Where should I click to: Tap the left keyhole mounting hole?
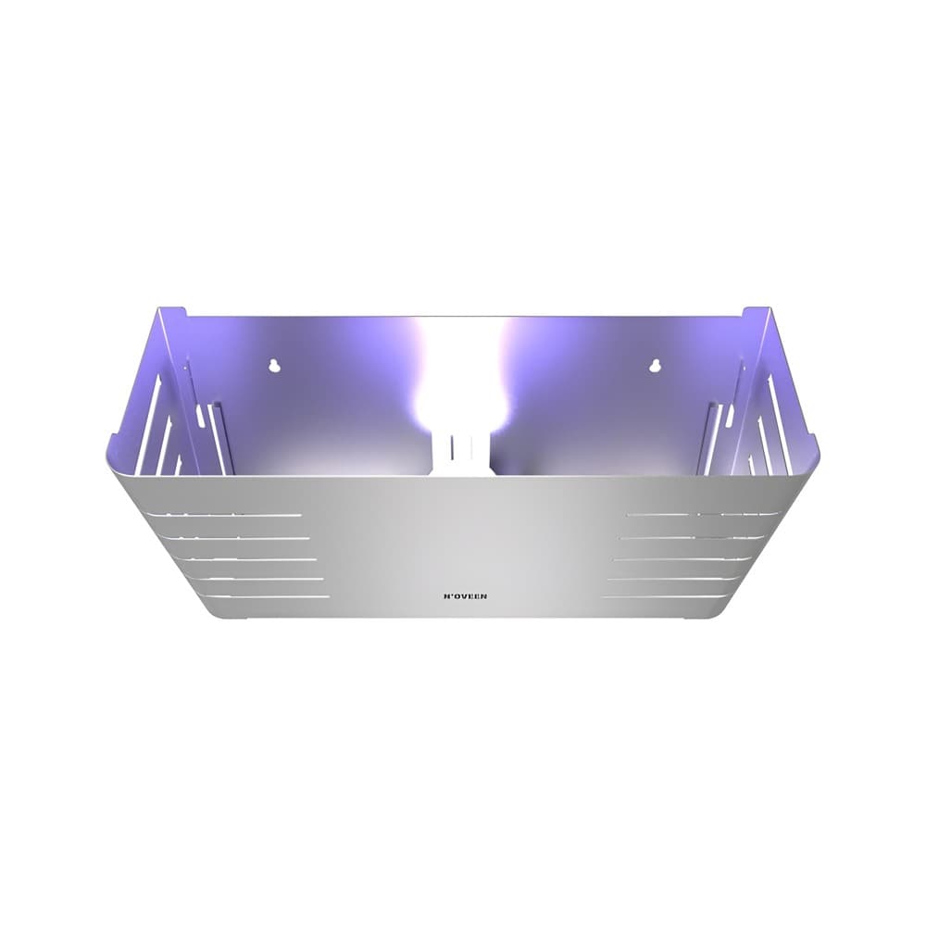(x=274, y=365)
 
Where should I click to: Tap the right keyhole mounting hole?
(x=654, y=365)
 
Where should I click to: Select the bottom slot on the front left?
(x=269, y=597)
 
